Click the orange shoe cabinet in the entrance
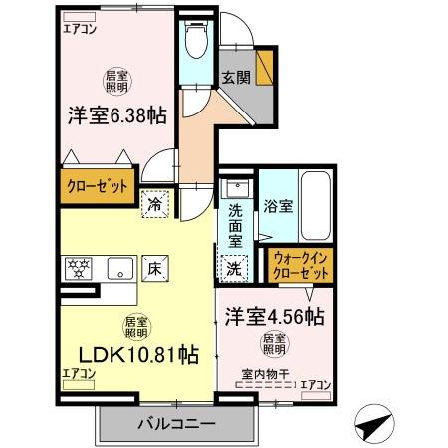click(x=264, y=67)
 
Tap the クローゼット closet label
click(x=97, y=186)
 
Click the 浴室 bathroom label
click(x=278, y=206)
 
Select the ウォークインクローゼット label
click(x=302, y=266)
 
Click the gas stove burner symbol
click(x=78, y=266)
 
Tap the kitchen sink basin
click(x=121, y=267)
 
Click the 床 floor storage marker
click(x=156, y=266)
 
